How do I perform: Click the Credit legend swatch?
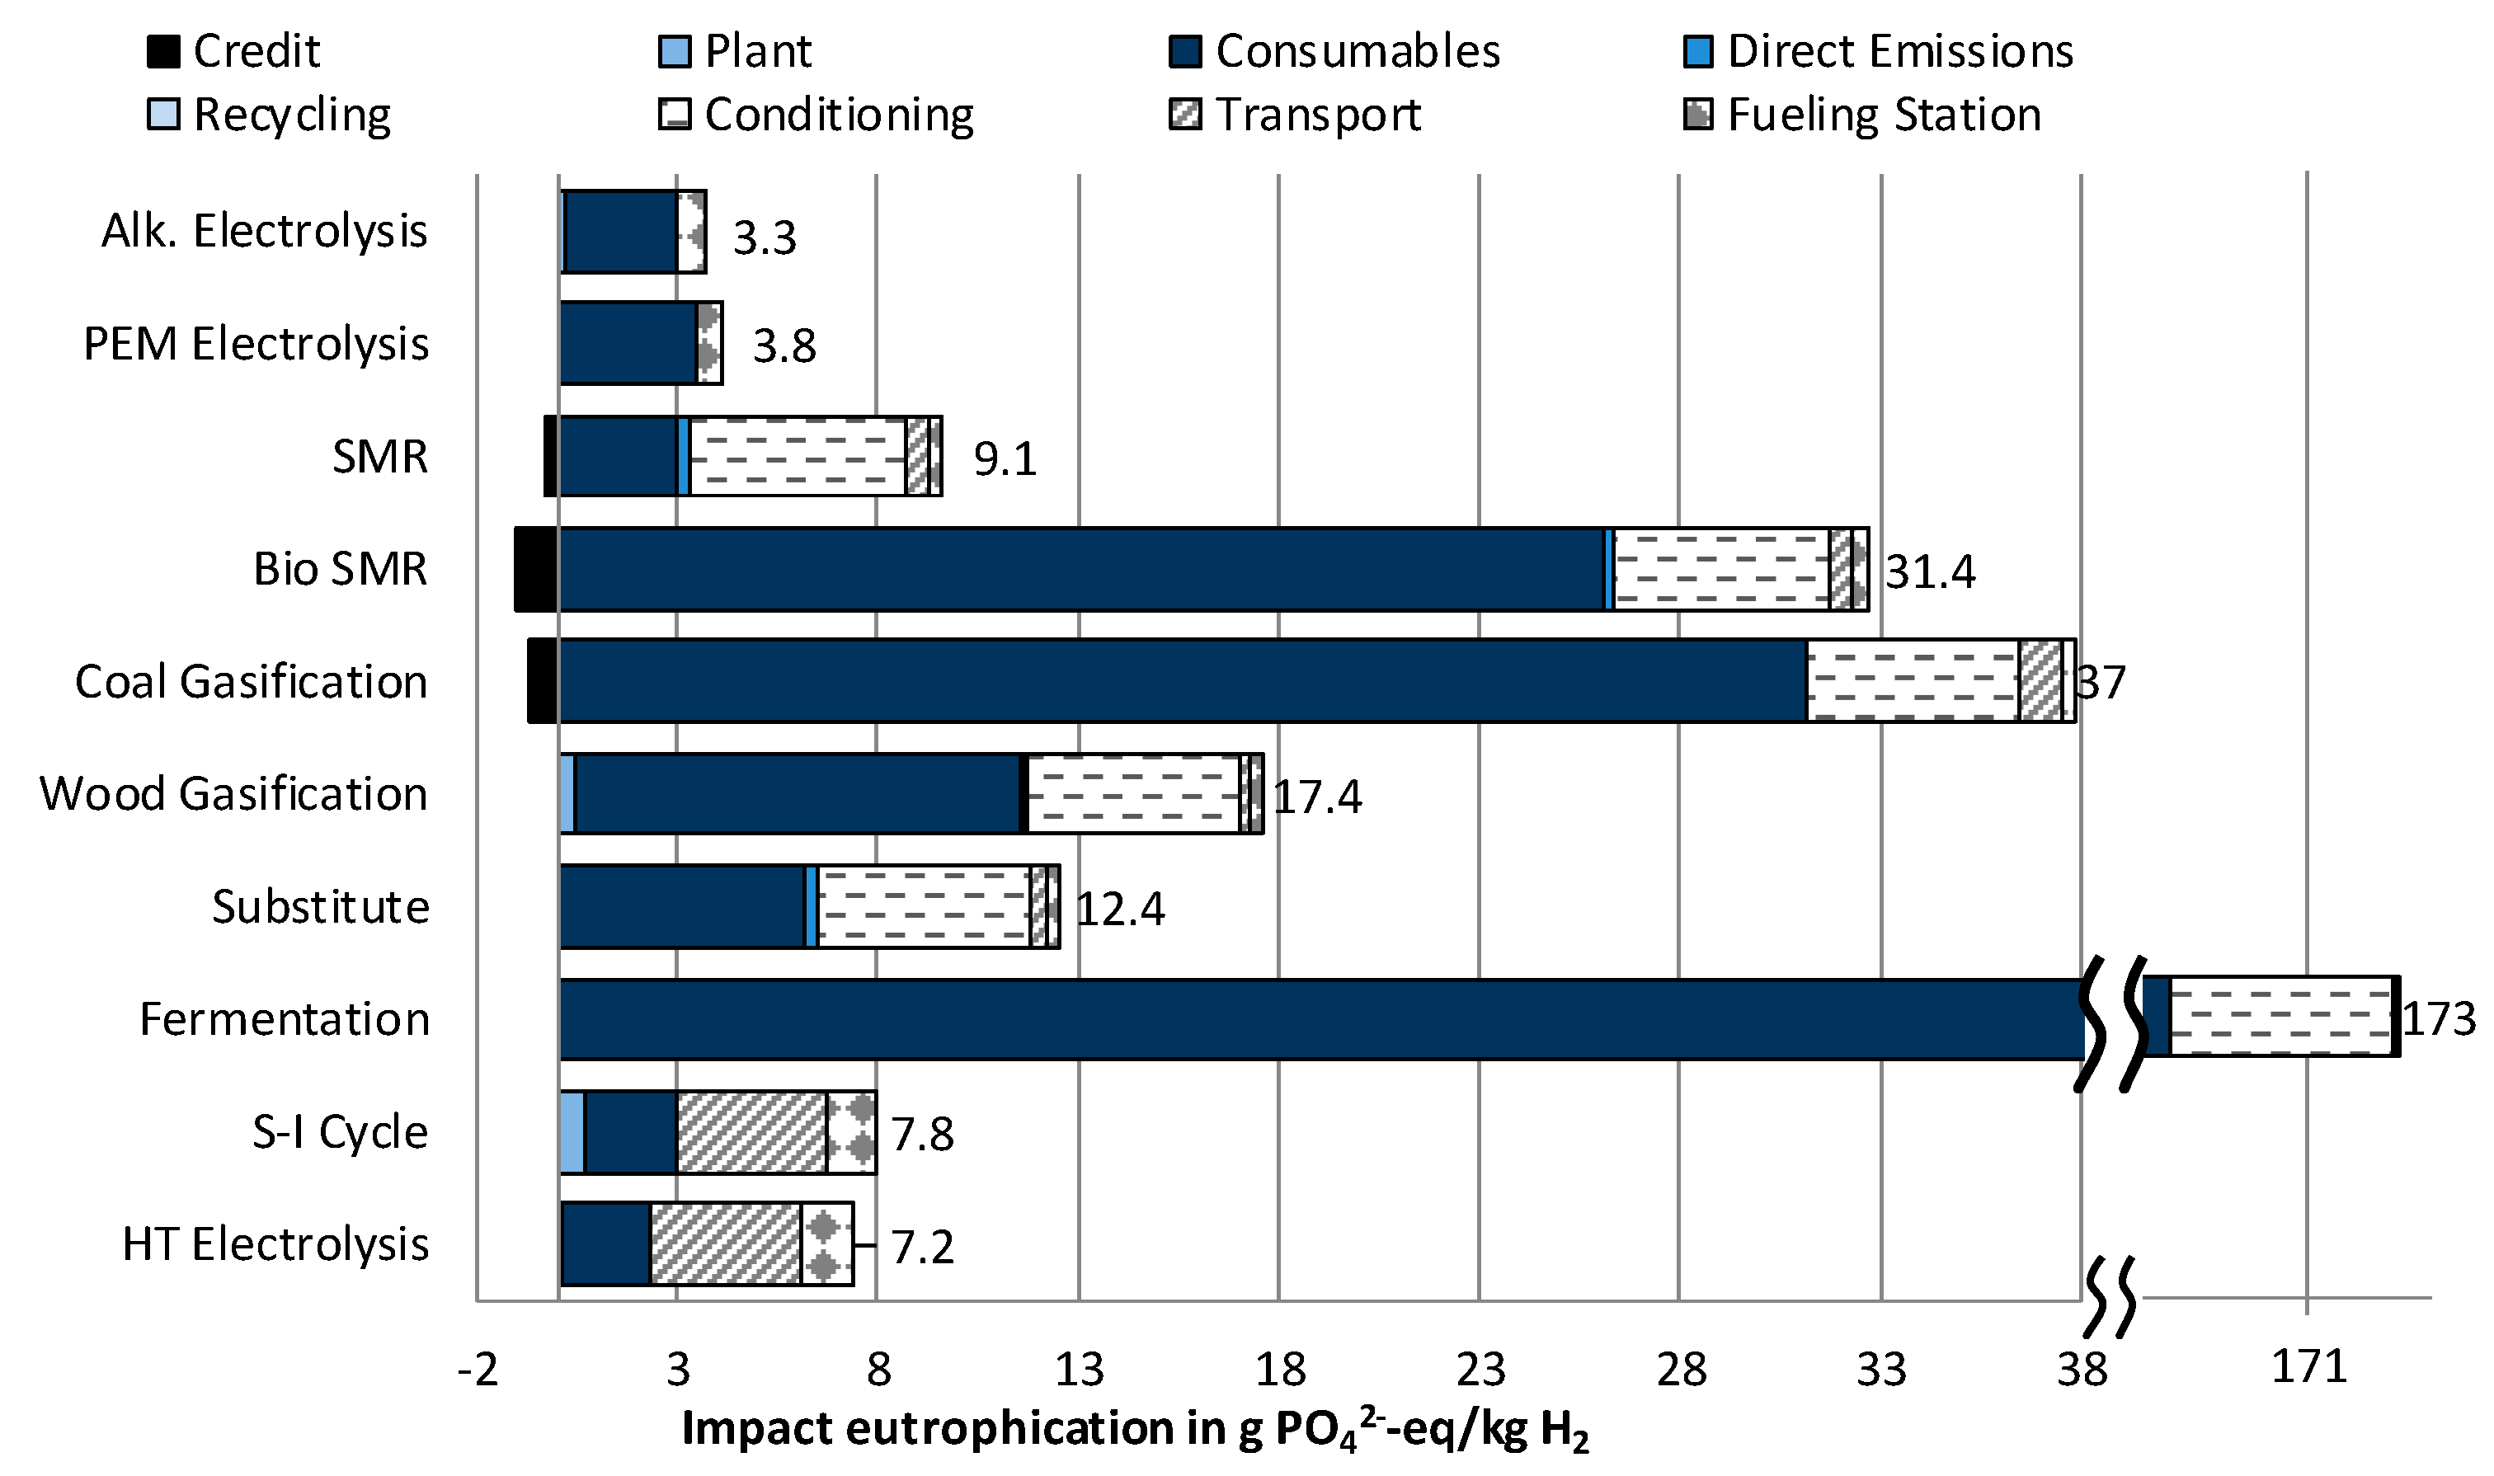163,51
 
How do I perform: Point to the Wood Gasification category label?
233,794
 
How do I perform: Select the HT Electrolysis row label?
275,1244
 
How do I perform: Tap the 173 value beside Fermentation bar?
2438,1019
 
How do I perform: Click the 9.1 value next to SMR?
1005,459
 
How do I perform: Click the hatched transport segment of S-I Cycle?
751,1132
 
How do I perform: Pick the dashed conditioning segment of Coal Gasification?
1911,681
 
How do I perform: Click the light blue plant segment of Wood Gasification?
567,794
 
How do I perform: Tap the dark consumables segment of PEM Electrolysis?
628,343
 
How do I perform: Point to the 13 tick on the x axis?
1079,1370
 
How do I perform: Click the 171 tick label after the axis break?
2308,1368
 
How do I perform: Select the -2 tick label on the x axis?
478,1370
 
